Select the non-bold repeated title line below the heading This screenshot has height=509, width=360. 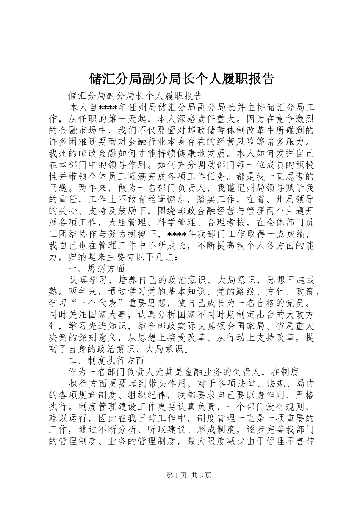135,95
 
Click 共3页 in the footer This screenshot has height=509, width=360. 201,475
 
